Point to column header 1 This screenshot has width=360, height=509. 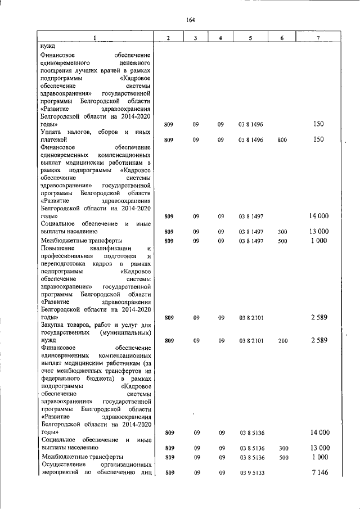point(95,38)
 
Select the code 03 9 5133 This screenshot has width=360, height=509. point(248,474)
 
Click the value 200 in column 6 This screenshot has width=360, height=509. point(282,341)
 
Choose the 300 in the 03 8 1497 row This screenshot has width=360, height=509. point(282,232)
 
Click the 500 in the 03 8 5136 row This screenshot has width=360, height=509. point(282,458)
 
